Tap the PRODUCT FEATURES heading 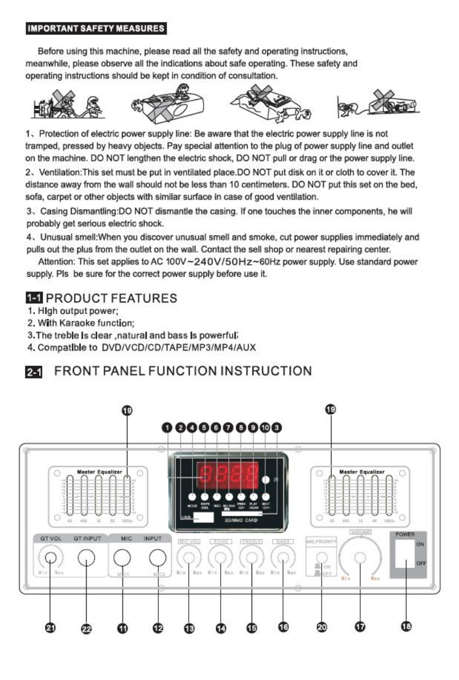tap(111, 298)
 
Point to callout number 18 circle tap(405, 627)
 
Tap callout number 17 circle tap(359, 628)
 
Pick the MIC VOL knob tap(188, 559)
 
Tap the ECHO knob tap(221, 559)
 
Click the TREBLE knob tap(252, 559)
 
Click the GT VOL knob tap(50, 558)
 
